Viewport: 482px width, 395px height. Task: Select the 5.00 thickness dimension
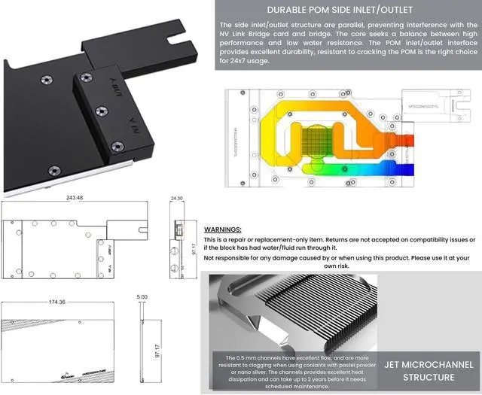[144, 296]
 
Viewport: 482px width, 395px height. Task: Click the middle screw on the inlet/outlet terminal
[98, 111]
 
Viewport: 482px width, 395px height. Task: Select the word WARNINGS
[223, 229]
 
